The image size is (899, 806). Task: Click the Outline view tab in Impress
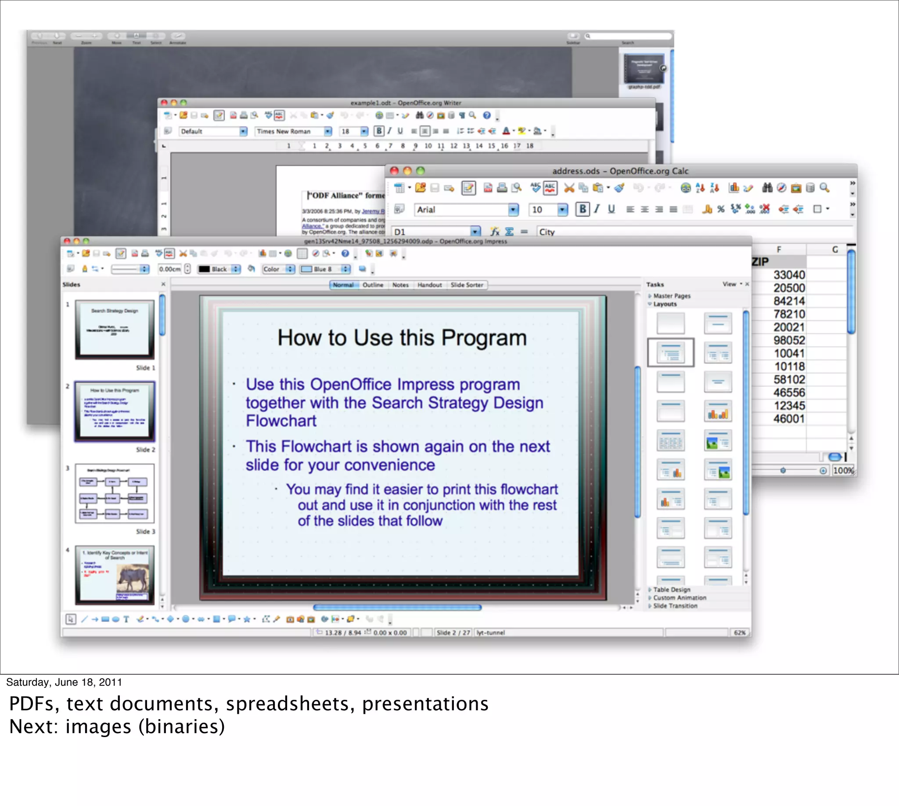coord(372,285)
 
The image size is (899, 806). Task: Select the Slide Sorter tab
coord(466,285)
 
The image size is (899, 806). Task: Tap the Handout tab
coord(429,285)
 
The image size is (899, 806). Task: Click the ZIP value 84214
coord(789,301)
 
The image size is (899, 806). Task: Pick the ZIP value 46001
coord(789,418)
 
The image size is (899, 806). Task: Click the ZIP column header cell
coord(760,262)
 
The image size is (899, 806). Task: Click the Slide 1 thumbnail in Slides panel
coord(115,329)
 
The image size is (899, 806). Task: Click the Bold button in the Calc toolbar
coord(583,209)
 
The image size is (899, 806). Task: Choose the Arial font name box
coord(460,209)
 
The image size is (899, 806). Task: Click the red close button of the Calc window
coord(394,171)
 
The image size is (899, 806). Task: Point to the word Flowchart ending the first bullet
coord(281,421)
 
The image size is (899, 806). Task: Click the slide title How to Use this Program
coord(402,338)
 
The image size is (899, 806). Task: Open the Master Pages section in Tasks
coord(671,296)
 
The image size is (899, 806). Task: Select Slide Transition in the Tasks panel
coord(675,606)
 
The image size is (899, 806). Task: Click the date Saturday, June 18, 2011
coord(64,682)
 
